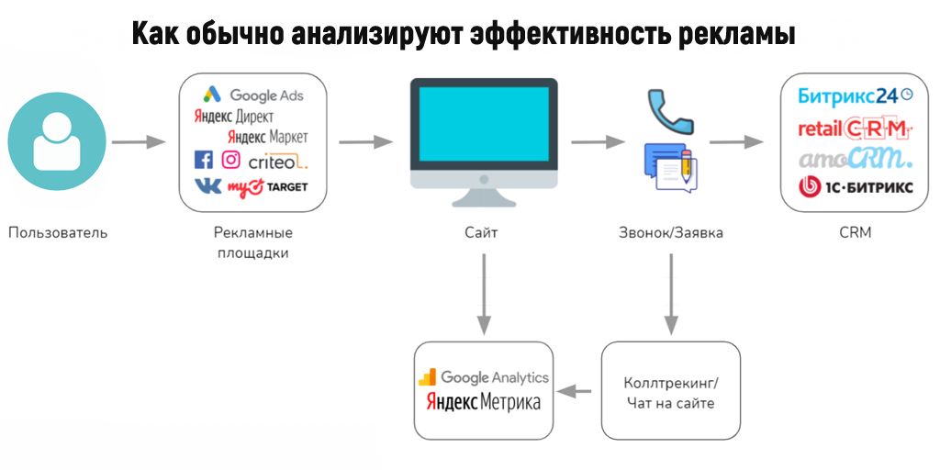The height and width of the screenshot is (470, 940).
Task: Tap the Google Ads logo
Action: (253, 95)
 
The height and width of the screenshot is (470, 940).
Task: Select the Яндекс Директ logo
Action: (233, 117)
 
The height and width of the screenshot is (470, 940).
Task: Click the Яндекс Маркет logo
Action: (267, 137)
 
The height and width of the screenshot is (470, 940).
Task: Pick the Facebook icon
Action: (203, 161)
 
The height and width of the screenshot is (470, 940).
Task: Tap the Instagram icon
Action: (230, 161)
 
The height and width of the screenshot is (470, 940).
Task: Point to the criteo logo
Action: (278, 162)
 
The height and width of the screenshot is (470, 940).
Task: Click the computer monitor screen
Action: (483, 124)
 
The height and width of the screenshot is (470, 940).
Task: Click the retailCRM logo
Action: (854, 128)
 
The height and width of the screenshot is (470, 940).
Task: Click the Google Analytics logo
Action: (484, 377)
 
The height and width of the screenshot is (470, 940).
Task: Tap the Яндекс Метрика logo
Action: (484, 402)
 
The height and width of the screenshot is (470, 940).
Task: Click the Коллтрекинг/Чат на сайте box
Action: (670, 391)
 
